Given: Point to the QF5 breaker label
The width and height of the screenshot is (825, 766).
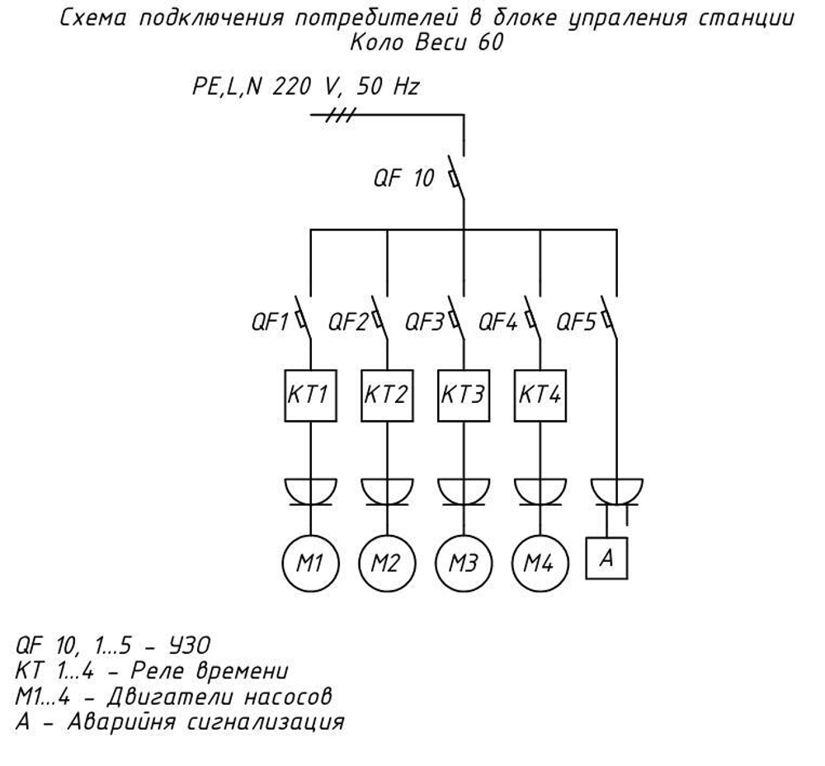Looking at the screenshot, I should [x=576, y=321].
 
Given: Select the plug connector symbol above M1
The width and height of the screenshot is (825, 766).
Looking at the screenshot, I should [x=309, y=490].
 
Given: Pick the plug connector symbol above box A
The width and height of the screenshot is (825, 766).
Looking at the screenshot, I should [x=616, y=490].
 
